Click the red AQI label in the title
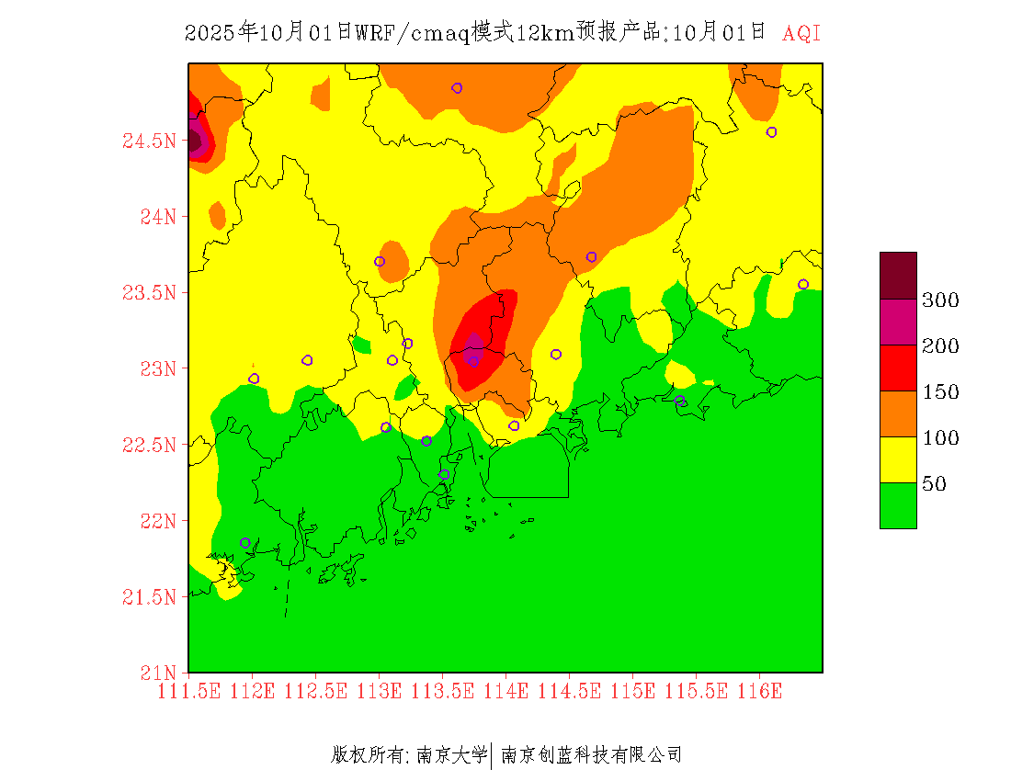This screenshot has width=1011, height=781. (x=801, y=34)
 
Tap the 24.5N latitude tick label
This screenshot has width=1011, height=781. (x=148, y=141)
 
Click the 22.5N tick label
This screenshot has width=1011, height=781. (x=148, y=446)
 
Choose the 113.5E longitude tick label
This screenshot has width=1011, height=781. (x=442, y=691)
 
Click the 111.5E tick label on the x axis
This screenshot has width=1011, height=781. (x=188, y=691)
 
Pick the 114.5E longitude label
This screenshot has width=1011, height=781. (x=569, y=691)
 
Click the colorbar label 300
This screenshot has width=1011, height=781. (x=940, y=300)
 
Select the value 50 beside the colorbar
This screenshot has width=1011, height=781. (x=934, y=484)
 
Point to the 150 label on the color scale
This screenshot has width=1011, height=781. (x=940, y=392)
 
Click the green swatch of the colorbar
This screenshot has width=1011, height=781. (x=898, y=505)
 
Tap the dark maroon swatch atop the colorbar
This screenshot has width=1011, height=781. (x=898, y=275)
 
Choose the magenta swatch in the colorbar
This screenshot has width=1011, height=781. (x=898, y=322)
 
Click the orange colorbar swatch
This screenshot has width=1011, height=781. (x=898, y=413)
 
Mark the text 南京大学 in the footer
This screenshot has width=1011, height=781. (x=452, y=755)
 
